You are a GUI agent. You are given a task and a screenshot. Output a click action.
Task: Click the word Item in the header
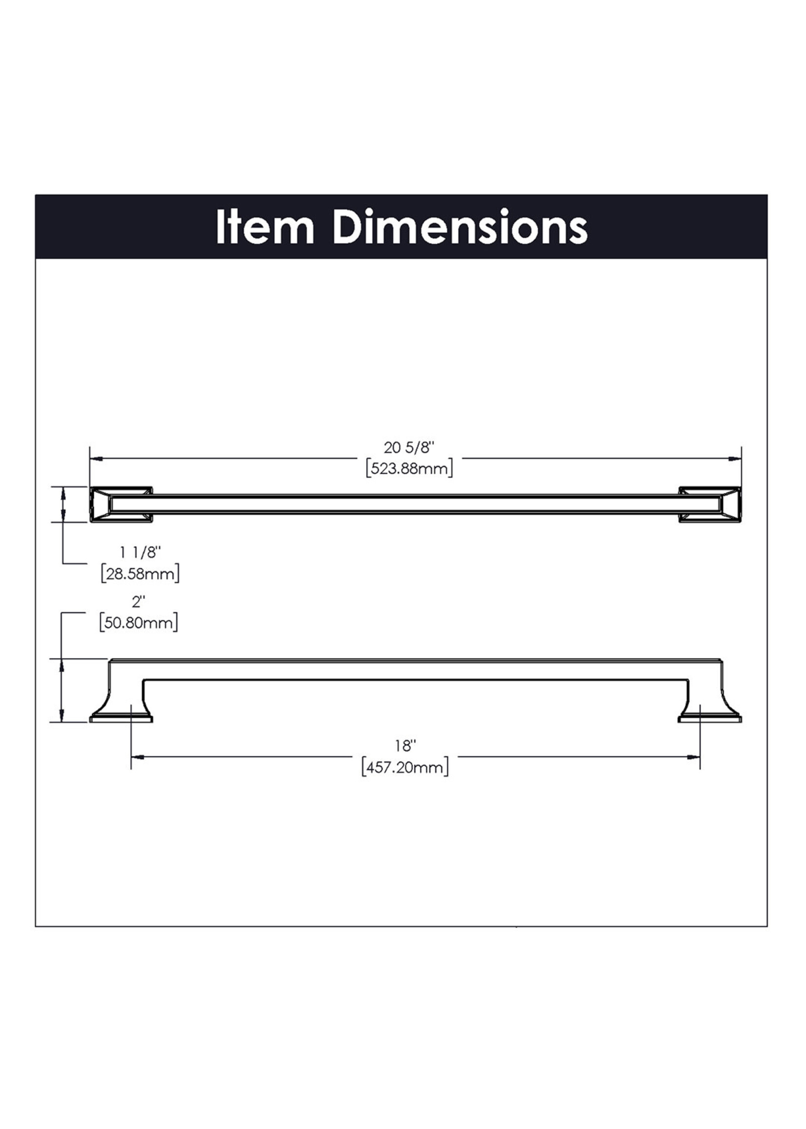coord(265,228)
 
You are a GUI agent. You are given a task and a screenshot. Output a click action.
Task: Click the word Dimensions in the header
coord(460,228)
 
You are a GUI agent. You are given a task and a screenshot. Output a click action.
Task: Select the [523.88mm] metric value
coord(409,469)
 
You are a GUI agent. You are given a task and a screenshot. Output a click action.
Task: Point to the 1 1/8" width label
coord(141,552)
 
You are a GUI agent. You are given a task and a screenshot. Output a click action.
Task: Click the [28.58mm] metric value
coord(140,574)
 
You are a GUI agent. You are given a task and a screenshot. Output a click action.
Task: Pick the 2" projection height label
coord(138,602)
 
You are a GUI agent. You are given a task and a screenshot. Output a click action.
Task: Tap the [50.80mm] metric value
coord(139,623)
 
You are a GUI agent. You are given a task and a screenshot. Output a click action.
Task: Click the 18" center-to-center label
coord(405,746)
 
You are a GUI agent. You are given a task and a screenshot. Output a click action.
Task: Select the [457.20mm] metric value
coord(405,768)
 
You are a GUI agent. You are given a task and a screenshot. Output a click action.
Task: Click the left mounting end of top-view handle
coord(121,504)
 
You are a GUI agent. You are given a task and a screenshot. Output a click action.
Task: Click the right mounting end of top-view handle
coord(710,504)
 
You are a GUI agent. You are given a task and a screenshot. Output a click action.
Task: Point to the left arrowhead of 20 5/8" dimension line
coord(96,458)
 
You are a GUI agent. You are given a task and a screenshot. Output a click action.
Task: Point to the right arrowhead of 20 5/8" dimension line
coord(736,458)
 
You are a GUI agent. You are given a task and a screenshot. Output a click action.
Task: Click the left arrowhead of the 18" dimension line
coord(137,757)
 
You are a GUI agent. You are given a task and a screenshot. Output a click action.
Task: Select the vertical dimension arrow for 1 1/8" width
coord(62,504)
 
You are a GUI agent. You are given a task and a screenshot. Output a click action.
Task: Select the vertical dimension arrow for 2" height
coord(61,690)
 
